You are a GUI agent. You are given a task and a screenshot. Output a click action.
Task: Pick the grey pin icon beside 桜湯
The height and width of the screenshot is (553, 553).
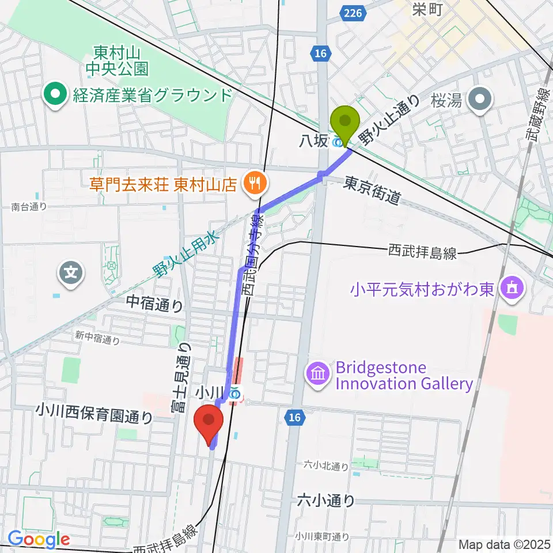click(481, 100)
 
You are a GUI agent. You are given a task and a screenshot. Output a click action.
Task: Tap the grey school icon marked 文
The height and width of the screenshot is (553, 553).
click(71, 271)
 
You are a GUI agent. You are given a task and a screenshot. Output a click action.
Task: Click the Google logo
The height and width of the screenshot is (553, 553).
click(39, 539)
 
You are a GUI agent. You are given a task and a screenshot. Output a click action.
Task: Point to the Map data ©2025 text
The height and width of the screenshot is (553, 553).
click(504, 544)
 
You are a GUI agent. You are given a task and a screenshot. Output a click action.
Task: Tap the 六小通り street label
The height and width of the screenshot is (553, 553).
click(326, 501)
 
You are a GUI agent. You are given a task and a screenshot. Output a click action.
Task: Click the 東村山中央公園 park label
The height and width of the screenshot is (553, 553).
click(117, 62)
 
